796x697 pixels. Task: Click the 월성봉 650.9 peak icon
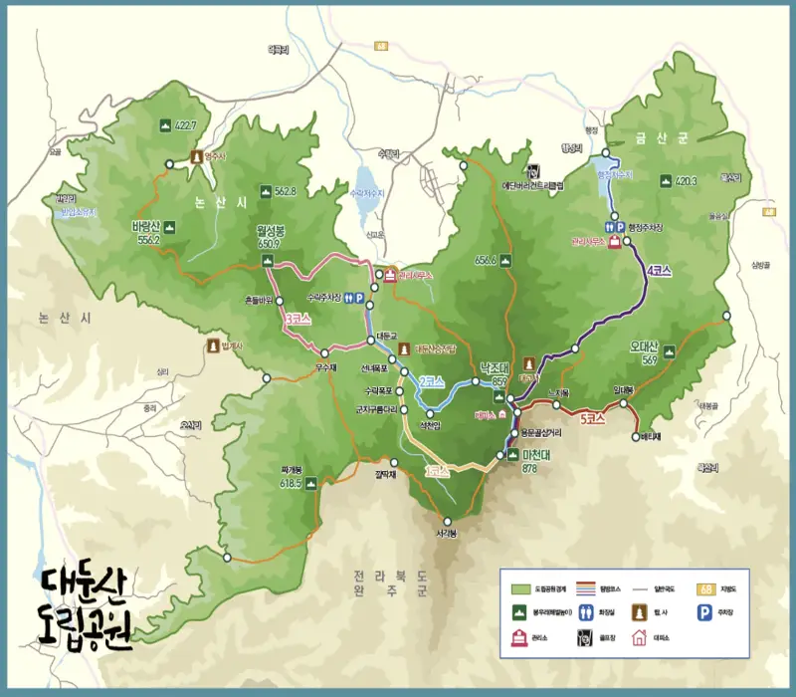pos(266,261)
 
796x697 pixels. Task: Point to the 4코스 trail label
pos(659,269)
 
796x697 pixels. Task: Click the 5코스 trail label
pos(592,419)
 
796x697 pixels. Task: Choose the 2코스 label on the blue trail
pos(430,381)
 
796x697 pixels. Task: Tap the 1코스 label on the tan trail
pos(435,470)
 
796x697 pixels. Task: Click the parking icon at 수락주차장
pos(360,309)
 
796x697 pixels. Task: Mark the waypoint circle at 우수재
pos(324,353)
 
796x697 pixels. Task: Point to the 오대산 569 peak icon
pos(669,350)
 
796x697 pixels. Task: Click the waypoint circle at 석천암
pos(430,413)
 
